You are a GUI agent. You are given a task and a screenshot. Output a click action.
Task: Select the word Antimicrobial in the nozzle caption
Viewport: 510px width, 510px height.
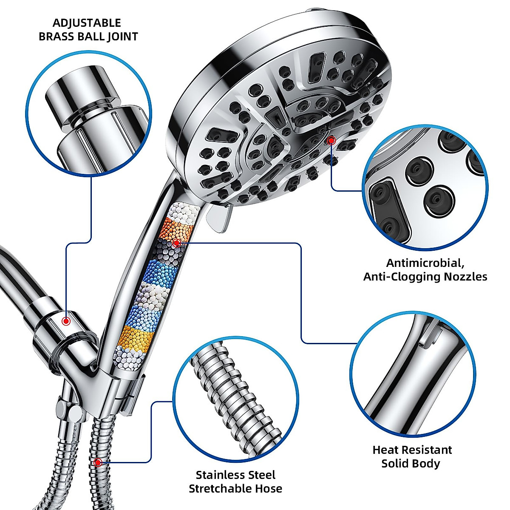(417, 263)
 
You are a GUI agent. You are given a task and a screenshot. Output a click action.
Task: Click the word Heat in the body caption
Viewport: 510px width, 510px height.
(386, 450)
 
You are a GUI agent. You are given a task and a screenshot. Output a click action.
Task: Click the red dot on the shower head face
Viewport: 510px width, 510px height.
(331, 140)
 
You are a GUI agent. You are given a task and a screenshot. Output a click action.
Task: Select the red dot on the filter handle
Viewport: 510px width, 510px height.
(176, 243)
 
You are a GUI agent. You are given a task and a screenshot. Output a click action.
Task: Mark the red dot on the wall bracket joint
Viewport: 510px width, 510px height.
(66, 321)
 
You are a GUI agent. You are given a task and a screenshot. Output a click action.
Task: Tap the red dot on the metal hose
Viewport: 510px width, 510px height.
(99, 462)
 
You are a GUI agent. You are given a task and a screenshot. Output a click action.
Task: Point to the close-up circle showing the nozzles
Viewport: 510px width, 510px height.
(425, 187)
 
